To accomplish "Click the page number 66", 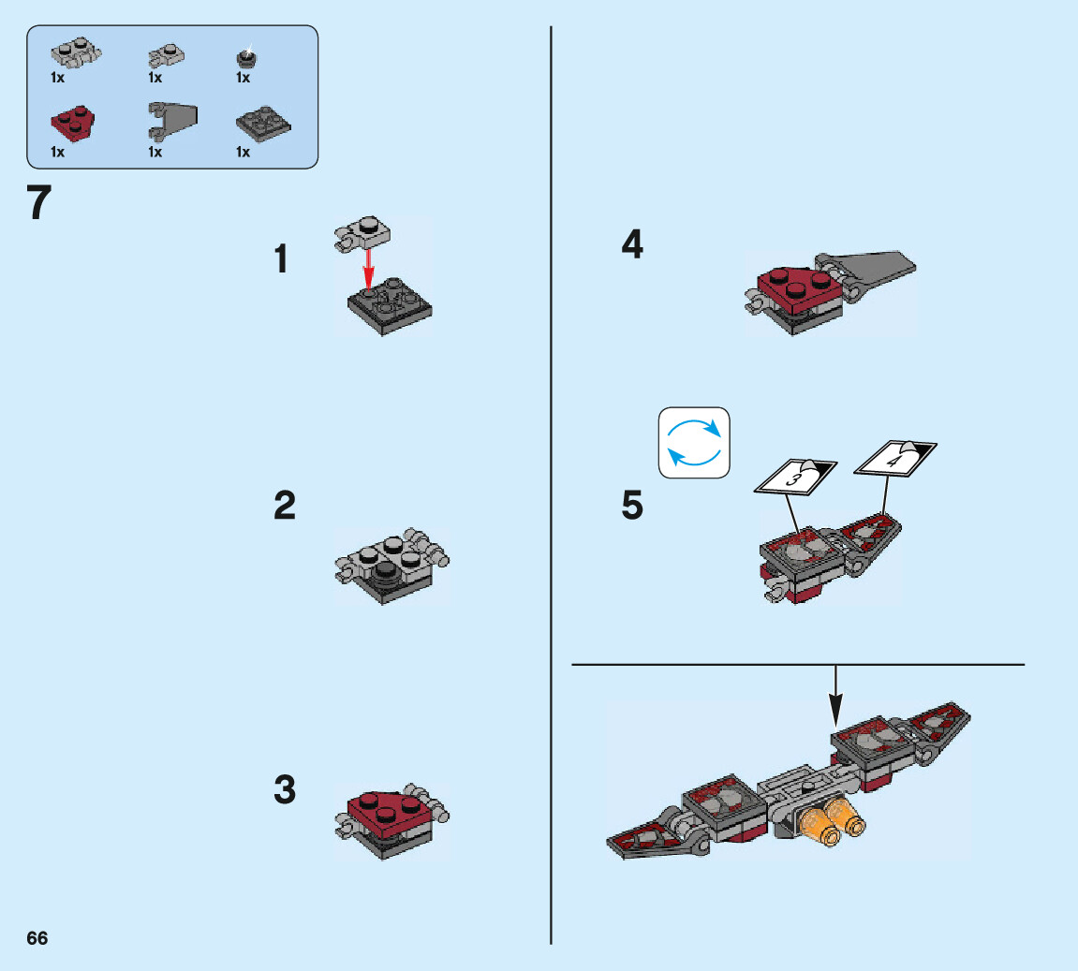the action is click(37, 938).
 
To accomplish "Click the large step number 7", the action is click(38, 203).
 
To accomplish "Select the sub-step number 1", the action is click(281, 259).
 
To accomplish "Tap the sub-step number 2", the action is click(285, 507).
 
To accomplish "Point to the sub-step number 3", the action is click(285, 789).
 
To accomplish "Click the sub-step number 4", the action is click(633, 245).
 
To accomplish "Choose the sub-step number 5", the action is click(633, 507).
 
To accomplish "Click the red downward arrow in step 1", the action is click(370, 268).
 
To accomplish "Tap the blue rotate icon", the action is click(694, 443).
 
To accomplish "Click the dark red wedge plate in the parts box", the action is click(71, 122).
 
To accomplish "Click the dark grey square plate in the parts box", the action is click(263, 122).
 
